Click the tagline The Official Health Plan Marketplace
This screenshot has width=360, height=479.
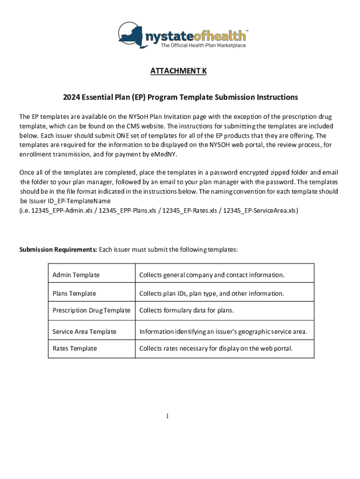tap(203, 45)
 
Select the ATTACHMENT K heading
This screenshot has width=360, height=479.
tap(178, 71)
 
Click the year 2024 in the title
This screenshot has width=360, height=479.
tap(72, 97)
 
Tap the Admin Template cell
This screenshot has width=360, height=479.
tap(76, 275)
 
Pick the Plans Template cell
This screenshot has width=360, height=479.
tap(74, 293)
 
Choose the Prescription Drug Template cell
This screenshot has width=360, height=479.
tap(91, 310)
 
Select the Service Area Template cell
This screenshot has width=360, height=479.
tap(84, 332)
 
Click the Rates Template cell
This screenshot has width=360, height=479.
tap(75, 348)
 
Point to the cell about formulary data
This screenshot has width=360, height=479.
tap(186, 310)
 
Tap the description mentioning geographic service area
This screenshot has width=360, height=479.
tap(223, 332)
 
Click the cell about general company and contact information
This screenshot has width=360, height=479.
tap(211, 275)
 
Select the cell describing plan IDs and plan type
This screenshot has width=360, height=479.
tap(211, 293)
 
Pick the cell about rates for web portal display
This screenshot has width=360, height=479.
tap(216, 348)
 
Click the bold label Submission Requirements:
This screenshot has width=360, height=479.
tap(58, 249)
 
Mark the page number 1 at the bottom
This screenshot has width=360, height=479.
tap(167, 416)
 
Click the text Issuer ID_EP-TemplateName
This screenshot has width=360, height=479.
tap(70, 201)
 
